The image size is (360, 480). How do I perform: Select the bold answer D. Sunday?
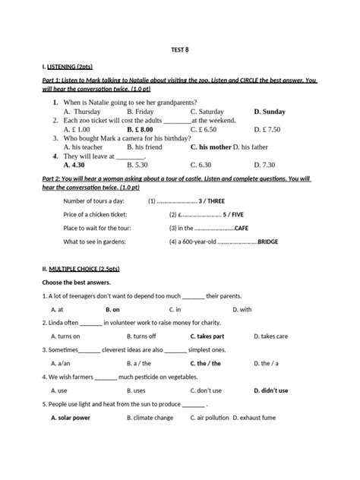[270, 111]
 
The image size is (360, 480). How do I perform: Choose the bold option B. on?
[112, 310]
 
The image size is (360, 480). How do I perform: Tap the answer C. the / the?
[206, 363]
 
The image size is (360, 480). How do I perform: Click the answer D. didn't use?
[271, 390]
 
